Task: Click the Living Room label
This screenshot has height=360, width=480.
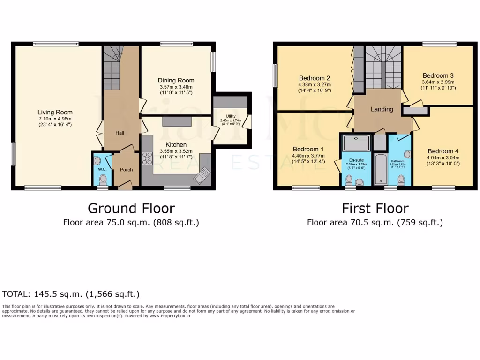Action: tap(55, 112)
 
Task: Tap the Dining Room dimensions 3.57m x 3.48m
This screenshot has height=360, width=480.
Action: tap(176, 87)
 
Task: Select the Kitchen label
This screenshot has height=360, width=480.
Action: tap(176, 144)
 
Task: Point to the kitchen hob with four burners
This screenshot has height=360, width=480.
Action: tap(147, 158)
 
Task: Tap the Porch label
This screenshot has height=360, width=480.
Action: tap(126, 170)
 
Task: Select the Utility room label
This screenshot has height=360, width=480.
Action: tap(230, 116)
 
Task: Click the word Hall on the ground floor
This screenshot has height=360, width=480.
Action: tap(120, 133)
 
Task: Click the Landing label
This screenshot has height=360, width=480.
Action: tap(382, 109)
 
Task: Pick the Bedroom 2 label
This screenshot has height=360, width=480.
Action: tap(315, 78)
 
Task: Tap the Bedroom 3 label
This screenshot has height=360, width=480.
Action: tap(438, 75)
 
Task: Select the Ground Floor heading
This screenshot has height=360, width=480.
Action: tap(131, 208)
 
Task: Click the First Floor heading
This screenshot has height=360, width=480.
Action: tap(375, 208)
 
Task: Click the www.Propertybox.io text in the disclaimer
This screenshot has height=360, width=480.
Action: tap(170, 316)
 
